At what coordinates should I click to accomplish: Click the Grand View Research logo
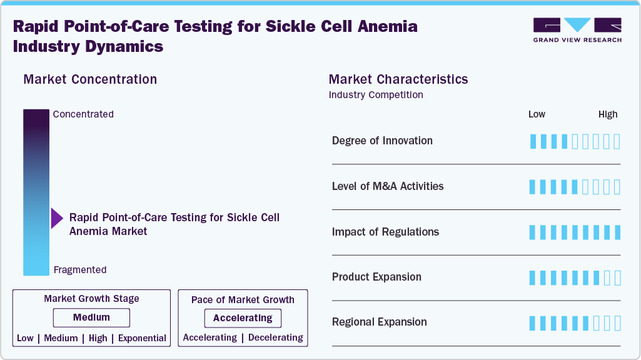point(577,29)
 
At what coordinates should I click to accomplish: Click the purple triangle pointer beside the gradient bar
point(56,219)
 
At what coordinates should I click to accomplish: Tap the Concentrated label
point(83,114)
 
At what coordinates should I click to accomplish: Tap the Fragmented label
point(80,270)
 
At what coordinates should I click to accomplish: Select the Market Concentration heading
point(90,79)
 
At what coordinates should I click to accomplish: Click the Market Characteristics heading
point(398,79)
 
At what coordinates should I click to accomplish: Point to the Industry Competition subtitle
point(375,95)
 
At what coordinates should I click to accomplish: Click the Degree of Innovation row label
point(382,141)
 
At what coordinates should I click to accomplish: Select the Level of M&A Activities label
point(388,186)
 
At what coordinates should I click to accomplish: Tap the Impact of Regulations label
point(385,232)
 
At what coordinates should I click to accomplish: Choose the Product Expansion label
point(376,277)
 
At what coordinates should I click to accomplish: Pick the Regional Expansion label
point(379,322)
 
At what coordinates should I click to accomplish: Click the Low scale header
point(537,114)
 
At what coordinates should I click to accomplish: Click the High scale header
point(607,114)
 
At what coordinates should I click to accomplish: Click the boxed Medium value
point(91,317)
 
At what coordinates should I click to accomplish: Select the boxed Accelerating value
point(243,318)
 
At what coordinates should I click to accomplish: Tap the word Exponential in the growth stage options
point(142,338)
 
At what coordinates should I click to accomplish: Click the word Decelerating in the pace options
point(275,337)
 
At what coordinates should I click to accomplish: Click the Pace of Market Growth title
point(243,300)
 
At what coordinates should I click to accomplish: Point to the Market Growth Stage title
point(91,299)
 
